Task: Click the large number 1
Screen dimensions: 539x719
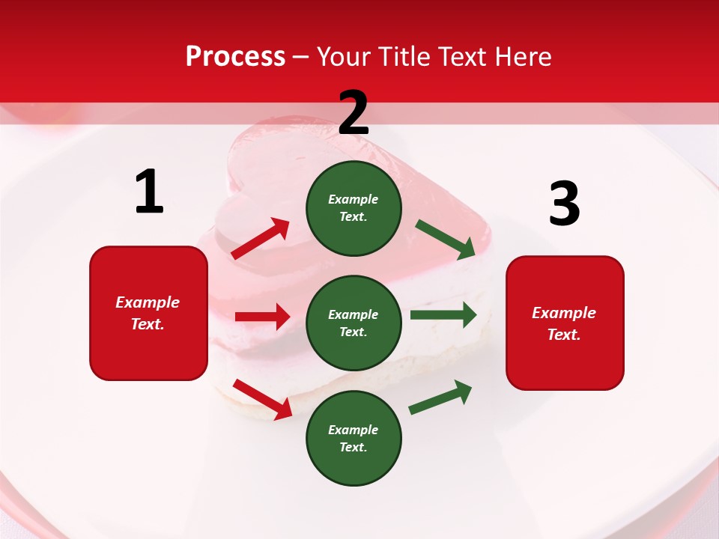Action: (x=149, y=192)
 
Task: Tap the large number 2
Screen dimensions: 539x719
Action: (x=354, y=113)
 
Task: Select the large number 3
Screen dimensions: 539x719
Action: (x=564, y=204)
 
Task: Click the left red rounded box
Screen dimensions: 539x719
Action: (x=148, y=313)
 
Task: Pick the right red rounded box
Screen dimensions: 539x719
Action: (x=565, y=323)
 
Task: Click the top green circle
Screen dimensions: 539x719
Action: (x=354, y=207)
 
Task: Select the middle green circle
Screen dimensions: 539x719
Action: (x=354, y=323)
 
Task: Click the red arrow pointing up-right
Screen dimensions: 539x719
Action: (x=261, y=239)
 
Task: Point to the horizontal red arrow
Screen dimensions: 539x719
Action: (x=262, y=317)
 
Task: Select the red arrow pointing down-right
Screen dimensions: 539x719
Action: (x=263, y=399)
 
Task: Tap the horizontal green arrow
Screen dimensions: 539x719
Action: (x=443, y=314)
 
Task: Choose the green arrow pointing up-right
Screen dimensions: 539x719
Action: (x=440, y=398)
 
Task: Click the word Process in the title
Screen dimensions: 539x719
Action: (x=235, y=56)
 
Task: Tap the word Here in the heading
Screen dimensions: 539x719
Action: (x=522, y=56)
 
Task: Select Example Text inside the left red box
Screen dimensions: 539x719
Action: (x=148, y=313)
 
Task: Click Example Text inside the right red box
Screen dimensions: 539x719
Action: (x=564, y=323)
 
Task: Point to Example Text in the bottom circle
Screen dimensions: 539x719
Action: (x=354, y=438)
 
